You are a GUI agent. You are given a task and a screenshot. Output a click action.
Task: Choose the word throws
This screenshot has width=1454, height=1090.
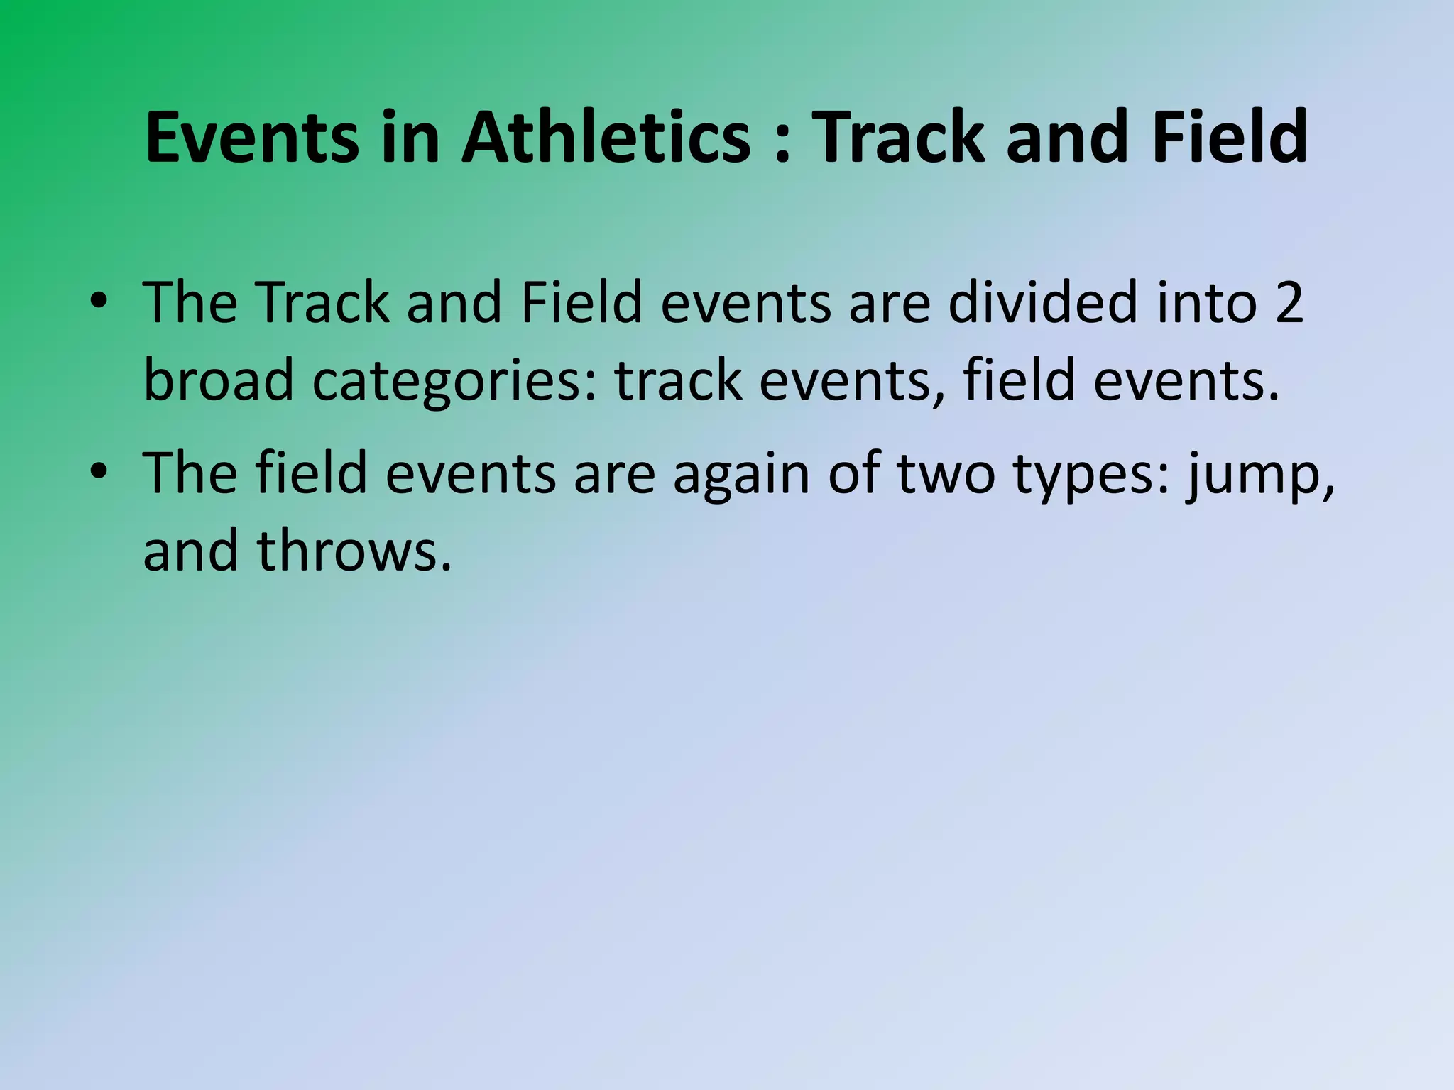pos(354,551)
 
